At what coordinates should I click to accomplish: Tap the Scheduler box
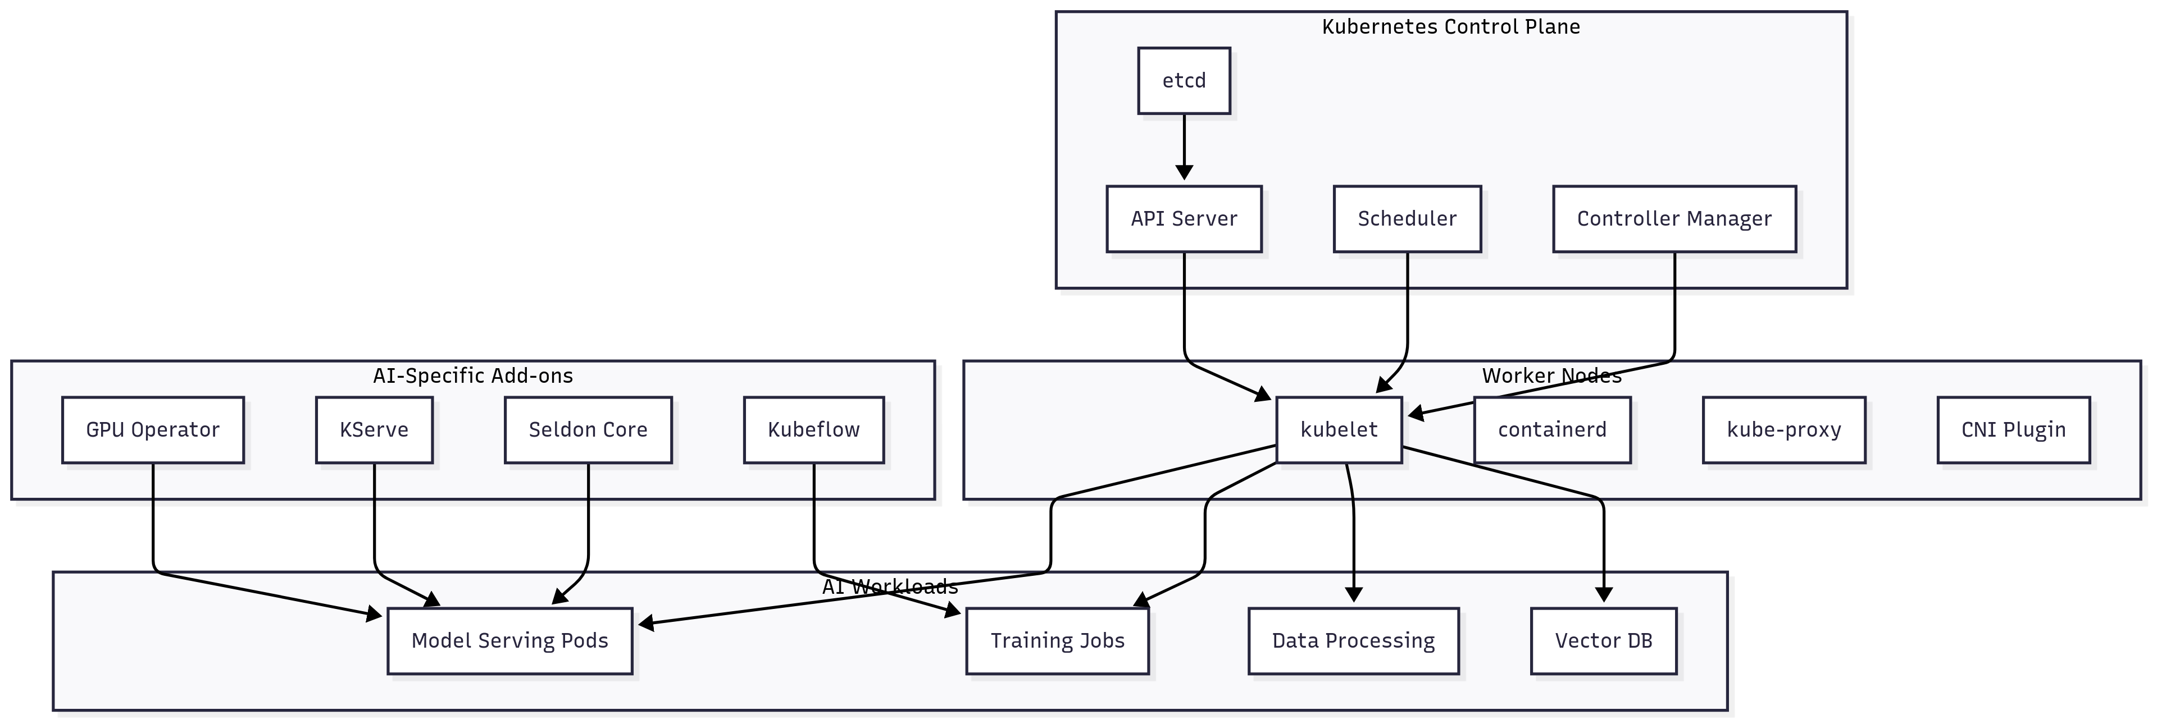[x=1406, y=218]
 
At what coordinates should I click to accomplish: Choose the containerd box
[x=1551, y=429]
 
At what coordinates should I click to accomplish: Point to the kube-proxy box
[x=1783, y=429]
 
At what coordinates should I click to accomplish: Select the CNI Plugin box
[x=2013, y=429]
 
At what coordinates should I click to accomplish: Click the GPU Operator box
[x=152, y=429]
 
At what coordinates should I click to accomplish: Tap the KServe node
[x=374, y=429]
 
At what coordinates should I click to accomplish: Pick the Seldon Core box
[x=588, y=429]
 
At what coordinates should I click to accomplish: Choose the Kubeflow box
[x=813, y=429]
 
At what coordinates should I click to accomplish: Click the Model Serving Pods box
[x=509, y=640]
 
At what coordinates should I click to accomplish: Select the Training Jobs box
[x=1057, y=640]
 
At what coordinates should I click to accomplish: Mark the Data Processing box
[x=1353, y=640]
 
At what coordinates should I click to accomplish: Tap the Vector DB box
[x=1603, y=640]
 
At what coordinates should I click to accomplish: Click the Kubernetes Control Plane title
[x=1450, y=27]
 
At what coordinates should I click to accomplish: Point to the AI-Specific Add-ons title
[x=472, y=376]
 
